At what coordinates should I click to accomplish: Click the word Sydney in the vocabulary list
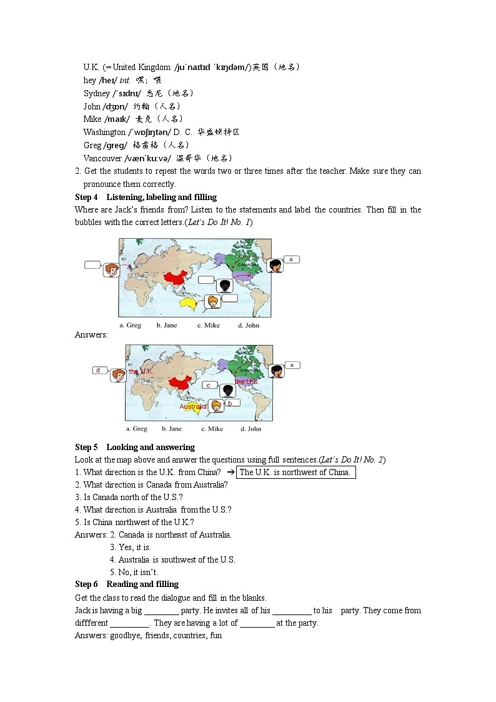97,93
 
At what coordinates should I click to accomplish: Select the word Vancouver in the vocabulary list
103,158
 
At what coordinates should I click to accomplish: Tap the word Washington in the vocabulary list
104,132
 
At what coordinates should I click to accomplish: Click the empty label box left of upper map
92,264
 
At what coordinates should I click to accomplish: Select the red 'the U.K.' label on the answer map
141,371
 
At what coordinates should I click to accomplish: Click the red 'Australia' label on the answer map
193,406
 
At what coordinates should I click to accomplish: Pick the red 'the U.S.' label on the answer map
247,381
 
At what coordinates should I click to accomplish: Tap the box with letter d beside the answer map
98,370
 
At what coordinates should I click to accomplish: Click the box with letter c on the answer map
209,385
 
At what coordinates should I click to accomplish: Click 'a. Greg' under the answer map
136,429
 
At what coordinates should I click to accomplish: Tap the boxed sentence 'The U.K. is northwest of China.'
295,472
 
